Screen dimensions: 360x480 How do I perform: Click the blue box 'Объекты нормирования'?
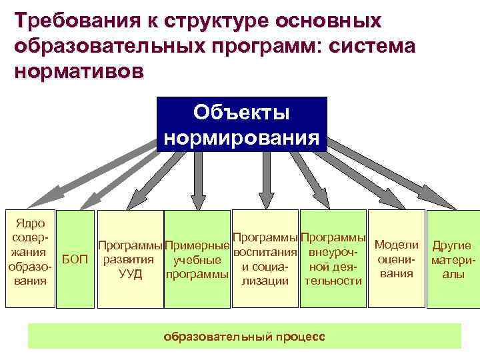(x=241, y=125)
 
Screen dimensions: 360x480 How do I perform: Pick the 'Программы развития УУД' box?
(x=130, y=259)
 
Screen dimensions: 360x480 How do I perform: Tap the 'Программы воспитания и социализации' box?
(x=265, y=259)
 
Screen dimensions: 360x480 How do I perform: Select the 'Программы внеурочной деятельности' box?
(x=333, y=259)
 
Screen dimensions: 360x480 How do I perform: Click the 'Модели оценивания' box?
(x=397, y=259)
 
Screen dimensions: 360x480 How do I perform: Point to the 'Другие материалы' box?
(x=453, y=259)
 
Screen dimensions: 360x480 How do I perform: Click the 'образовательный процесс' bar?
(x=244, y=336)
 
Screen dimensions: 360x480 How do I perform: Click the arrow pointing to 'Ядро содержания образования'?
(x=100, y=170)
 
